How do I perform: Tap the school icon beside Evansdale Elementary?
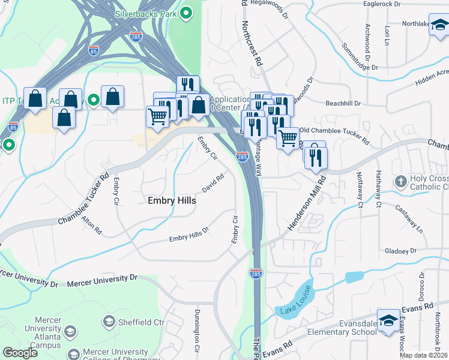pos(388,320)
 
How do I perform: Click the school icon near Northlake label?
pos(439,26)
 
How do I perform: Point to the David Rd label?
pos(213,182)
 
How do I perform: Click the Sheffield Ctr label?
pos(141,322)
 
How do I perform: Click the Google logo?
pos(20,353)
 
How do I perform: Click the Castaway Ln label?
pos(409,217)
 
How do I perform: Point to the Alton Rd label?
pos(92,226)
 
